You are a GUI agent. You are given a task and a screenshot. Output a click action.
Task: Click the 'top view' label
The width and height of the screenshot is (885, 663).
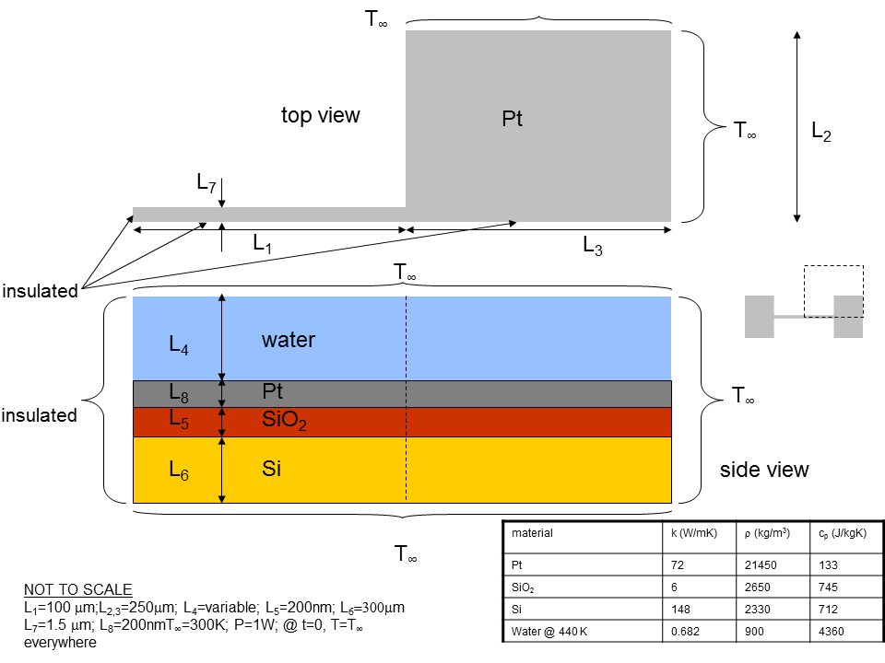pos(321,116)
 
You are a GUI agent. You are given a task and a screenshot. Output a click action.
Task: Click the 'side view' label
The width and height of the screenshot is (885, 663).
pos(764,470)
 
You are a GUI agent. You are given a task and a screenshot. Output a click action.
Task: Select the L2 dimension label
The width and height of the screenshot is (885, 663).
pos(821,132)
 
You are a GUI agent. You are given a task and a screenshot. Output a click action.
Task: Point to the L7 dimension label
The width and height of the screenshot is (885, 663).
pos(206,182)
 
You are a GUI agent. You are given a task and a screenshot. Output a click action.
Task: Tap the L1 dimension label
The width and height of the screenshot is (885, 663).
pos(262,243)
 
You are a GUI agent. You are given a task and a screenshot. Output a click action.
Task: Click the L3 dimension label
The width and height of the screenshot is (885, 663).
pos(593,246)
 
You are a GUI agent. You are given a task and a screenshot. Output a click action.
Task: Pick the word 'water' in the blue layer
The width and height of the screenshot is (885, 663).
pos(289,340)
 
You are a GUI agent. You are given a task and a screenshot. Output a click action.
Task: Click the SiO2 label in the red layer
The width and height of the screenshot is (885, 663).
pos(285,421)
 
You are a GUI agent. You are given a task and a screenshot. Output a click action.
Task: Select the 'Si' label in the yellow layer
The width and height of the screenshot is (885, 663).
pos(271,469)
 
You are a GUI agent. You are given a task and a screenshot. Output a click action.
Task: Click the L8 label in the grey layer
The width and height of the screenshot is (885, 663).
pos(179,393)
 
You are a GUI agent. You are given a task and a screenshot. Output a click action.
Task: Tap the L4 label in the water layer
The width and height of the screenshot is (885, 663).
pos(179,344)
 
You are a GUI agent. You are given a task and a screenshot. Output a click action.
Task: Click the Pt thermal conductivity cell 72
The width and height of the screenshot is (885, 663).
pos(678,564)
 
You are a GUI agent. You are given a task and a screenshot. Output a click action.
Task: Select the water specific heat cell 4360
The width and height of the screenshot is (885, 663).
pos(831,632)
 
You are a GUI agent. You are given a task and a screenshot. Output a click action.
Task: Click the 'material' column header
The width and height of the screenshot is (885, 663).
pos(532,533)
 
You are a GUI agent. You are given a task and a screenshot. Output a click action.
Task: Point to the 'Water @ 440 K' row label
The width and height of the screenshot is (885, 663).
pos(549,632)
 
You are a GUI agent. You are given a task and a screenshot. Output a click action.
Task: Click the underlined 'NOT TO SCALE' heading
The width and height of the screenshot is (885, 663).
pos(77,589)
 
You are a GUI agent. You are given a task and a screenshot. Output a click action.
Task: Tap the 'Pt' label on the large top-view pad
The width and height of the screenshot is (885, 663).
pos(512,119)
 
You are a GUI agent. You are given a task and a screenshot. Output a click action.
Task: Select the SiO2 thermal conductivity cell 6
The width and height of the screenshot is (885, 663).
pos(674,587)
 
